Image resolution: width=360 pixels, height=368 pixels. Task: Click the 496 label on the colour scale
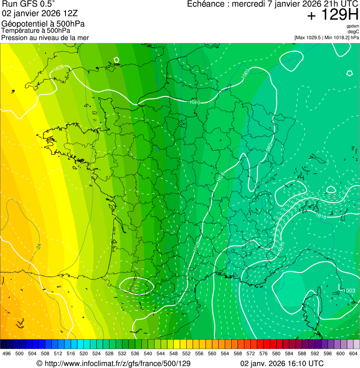pos(7,353)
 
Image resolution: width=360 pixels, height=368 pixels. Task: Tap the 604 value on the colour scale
pos(353,353)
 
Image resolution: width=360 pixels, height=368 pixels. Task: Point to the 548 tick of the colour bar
pos(173,353)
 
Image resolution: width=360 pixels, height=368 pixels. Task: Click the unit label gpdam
pos(353,26)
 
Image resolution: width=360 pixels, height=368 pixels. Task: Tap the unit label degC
pos(354,31)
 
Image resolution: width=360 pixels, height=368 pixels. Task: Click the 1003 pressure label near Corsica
pos(349,291)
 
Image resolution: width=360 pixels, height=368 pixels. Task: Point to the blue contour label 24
pos(38,246)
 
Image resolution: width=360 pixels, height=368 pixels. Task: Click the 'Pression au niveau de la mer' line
pos(45,37)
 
